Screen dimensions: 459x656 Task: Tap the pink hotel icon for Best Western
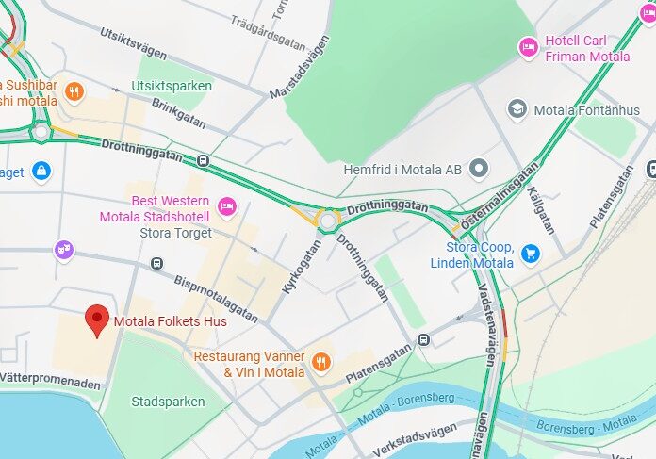click(x=227, y=205)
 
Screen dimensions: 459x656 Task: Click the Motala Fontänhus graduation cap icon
click(x=517, y=109)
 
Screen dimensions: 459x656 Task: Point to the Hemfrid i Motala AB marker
click(x=480, y=169)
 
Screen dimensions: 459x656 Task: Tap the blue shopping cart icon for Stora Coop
click(x=532, y=254)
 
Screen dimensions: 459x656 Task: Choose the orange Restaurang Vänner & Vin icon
click(x=321, y=362)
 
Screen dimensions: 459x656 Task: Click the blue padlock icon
click(x=41, y=172)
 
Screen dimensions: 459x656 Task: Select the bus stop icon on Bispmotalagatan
click(x=156, y=264)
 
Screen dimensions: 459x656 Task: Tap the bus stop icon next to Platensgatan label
click(x=425, y=340)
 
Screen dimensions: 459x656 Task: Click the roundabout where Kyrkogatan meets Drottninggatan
click(x=327, y=221)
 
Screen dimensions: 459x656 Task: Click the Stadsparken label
click(x=168, y=402)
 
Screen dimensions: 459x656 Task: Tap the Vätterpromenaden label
click(x=49, y=384)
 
